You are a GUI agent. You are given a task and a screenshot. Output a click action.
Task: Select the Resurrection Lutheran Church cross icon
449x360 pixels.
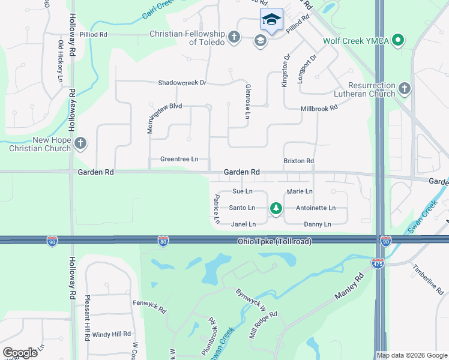point(405,89)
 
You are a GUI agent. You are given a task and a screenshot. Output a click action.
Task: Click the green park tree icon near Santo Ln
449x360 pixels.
point(276,208)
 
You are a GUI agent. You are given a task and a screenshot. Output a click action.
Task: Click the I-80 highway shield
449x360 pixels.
point(163,241)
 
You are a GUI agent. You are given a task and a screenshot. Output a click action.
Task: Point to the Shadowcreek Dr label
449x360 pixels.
point(182,83)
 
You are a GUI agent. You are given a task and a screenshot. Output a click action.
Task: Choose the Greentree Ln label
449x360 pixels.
point(179,159)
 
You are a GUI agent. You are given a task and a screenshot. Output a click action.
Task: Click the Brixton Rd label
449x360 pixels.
point(298,161)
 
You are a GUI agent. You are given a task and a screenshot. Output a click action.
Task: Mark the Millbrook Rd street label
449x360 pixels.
point(319,108)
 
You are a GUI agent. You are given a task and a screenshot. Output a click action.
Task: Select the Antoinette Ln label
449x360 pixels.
point(316,208)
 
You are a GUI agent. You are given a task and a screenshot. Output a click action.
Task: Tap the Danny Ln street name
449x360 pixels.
point(318,224)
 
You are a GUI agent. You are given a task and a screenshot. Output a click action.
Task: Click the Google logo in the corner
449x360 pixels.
point(20,352)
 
